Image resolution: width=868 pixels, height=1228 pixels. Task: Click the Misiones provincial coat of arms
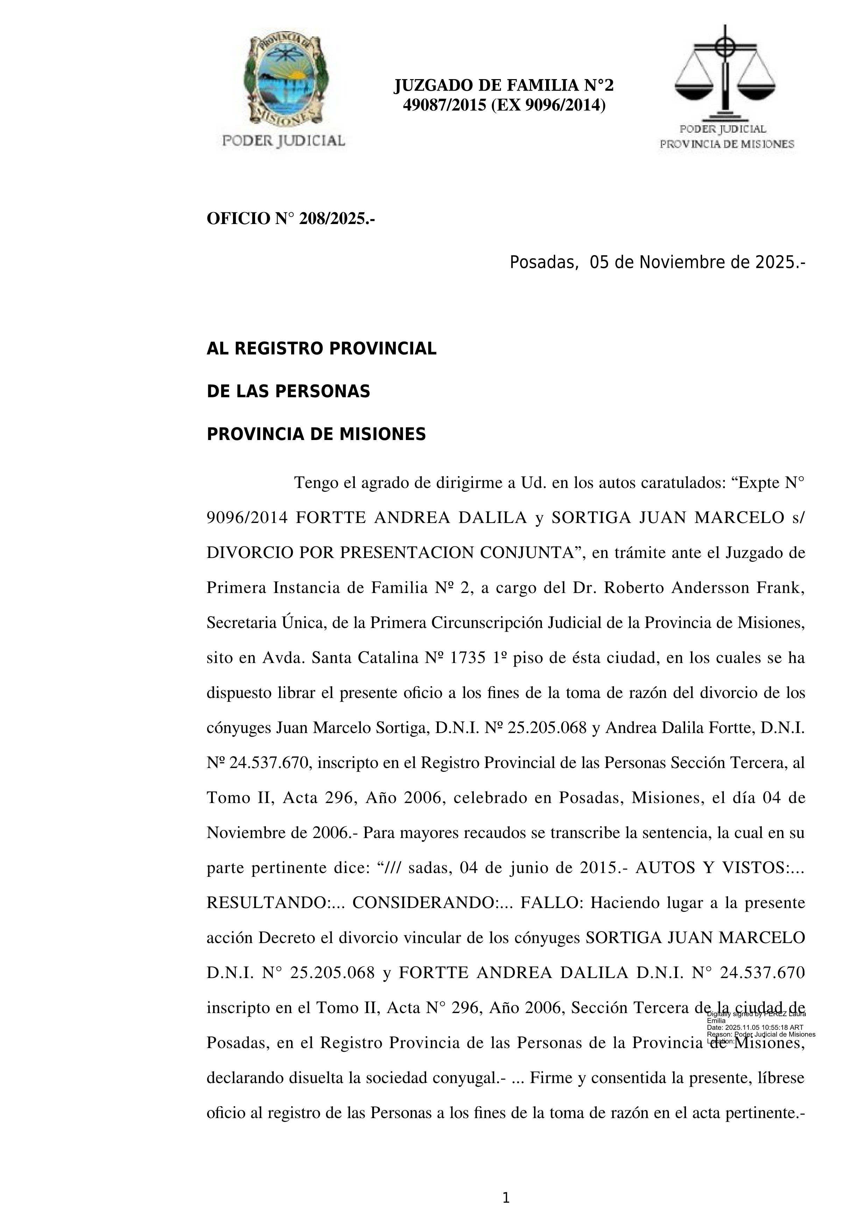pos(284,80)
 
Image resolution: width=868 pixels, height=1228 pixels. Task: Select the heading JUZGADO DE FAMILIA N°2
pos(503,85)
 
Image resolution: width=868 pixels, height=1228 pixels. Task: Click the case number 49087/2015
pos(444,105)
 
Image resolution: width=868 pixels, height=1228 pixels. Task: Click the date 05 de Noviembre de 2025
pos(697,263)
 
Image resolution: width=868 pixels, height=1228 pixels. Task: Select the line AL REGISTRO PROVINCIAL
pos(321,349)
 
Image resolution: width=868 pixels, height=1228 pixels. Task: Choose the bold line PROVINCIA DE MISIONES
pos(316,434)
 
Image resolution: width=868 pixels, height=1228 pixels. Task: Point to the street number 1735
pos(468,658)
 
